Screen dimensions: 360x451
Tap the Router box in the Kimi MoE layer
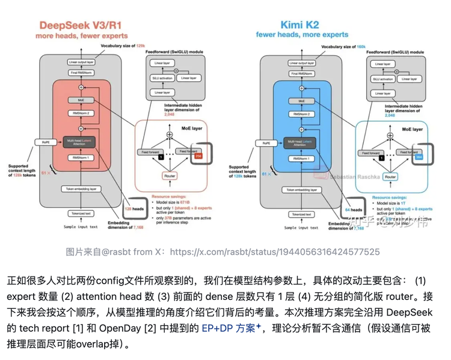coord(390,177)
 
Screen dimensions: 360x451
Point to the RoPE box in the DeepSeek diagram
coord(45,142)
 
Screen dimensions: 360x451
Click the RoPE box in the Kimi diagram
coord(265,143)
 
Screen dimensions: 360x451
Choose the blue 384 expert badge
coord(419,156)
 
